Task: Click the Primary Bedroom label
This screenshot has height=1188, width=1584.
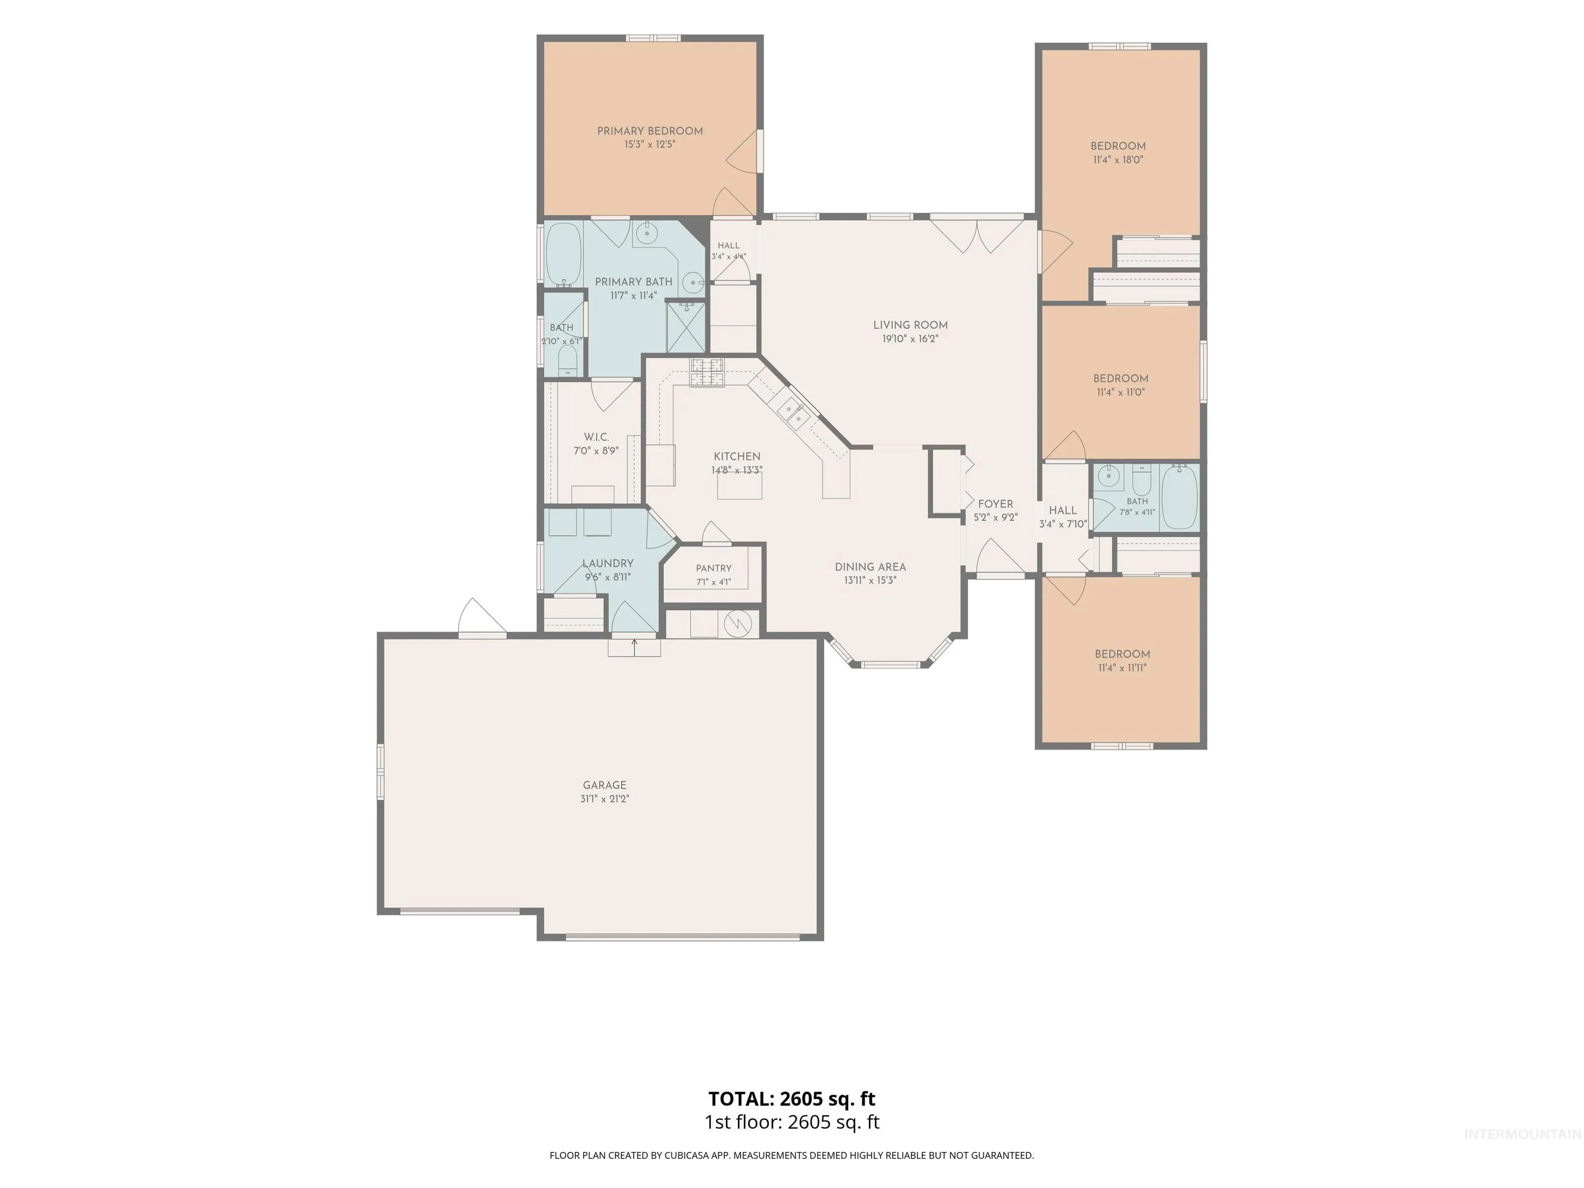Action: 650,131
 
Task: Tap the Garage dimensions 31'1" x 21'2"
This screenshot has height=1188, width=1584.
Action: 604,798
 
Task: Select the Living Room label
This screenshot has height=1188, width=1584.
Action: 910,325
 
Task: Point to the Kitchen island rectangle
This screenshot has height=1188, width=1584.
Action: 740,486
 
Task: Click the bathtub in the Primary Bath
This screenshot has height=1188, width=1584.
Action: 564,255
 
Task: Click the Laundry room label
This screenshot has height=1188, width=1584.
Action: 607,564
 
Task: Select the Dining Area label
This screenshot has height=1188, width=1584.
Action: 870,567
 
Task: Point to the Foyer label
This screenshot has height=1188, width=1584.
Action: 995,504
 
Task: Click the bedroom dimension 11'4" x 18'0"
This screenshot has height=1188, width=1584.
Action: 1118,160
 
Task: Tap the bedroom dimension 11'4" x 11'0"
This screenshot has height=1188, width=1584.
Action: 1120,392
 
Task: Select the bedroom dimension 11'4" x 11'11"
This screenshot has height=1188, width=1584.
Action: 1122,667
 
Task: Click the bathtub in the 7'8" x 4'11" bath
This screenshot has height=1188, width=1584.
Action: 1179,497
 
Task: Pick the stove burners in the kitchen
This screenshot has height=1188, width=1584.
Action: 707,372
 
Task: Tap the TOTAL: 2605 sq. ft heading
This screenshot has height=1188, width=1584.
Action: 792,1098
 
